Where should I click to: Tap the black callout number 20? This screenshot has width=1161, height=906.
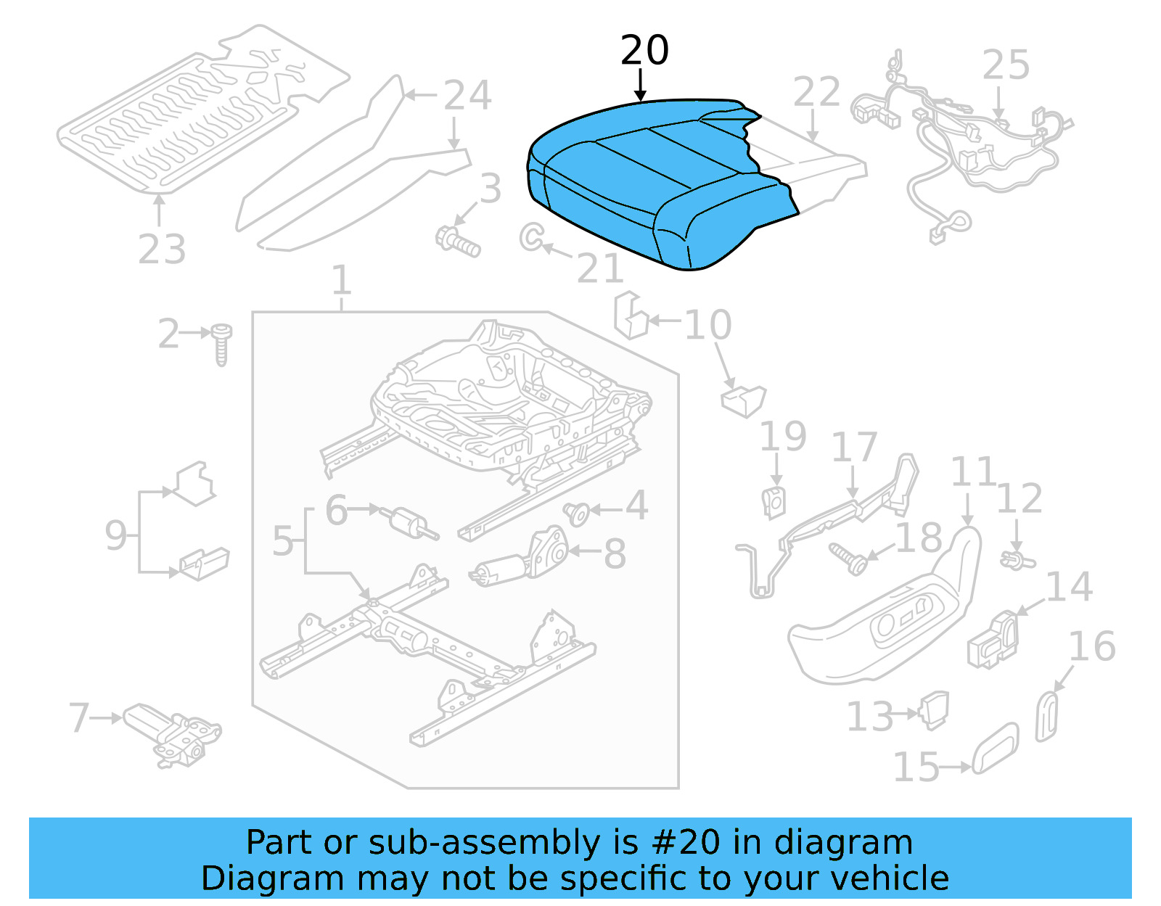[644, 51]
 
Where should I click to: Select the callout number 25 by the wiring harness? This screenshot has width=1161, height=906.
[1006, 65]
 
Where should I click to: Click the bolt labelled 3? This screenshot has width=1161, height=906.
[457, 241]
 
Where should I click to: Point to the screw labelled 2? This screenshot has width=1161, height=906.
[221, 344]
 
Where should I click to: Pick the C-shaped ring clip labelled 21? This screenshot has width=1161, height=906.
[531, 236]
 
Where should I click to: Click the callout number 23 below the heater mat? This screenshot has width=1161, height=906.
[162, 250]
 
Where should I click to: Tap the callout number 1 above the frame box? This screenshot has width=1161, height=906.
[341, 281]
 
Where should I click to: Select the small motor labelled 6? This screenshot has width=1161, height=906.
[410, 522]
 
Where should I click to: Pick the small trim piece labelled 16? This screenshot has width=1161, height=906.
[1047, 716]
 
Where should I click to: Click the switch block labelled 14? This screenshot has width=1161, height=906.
[993, 639]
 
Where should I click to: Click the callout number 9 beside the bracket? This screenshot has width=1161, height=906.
[116, 536]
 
